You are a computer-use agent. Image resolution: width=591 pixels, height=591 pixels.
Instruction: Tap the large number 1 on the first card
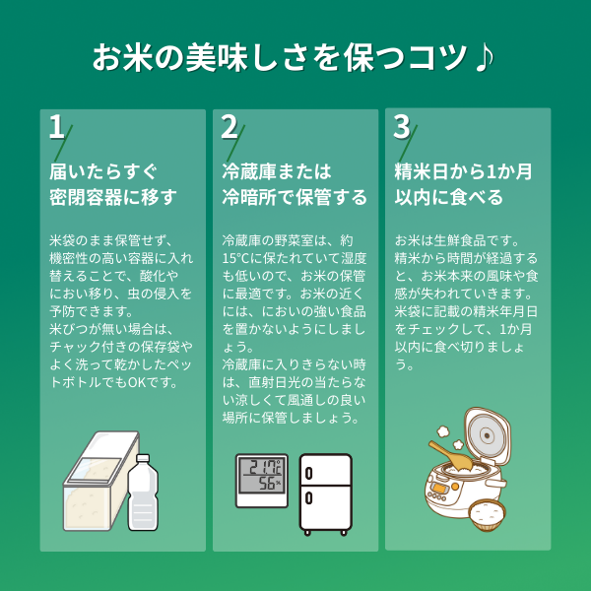(56, 128)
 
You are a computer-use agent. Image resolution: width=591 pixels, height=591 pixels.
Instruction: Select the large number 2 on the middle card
(230, 128)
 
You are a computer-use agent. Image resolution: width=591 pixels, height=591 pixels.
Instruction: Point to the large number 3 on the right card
(401, 128)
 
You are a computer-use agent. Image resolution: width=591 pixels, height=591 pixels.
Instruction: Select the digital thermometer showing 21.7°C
(261, 480)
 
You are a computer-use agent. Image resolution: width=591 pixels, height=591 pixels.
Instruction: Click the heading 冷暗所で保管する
(295, 197)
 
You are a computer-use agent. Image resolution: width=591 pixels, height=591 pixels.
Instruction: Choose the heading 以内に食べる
(449, 197)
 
